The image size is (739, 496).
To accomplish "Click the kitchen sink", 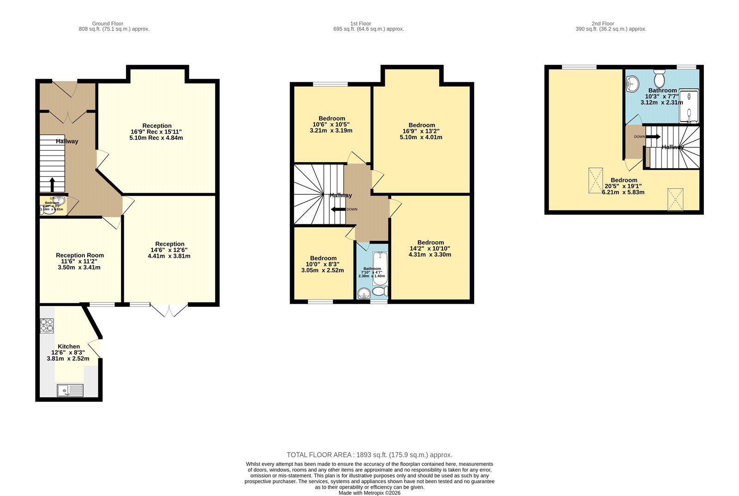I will click(70, 391).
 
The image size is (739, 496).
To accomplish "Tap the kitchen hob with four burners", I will click(47, 326).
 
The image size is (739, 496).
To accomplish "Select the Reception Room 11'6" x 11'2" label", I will click(79, 261).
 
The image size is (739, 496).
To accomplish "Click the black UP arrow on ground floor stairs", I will click(52, 184).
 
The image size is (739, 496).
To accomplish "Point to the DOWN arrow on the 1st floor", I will click(338, 209).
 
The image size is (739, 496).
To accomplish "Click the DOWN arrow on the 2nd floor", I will click(653, 137).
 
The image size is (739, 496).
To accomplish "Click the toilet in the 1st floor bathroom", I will click(380, 292).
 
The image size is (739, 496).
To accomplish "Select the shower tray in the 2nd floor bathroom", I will click(689, 107).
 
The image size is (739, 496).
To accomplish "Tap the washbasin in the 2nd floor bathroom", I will click(632, 85).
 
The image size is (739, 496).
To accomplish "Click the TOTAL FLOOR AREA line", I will click(369, 455).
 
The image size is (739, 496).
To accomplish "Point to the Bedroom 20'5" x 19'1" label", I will click(624, 186).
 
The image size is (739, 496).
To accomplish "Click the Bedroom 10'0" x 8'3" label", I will click(323, 264).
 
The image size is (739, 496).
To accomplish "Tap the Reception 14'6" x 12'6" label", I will click(170, 250).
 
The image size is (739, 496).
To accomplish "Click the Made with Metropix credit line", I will click(369, 493).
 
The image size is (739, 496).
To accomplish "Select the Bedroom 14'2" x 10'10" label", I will click(430, 248).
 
